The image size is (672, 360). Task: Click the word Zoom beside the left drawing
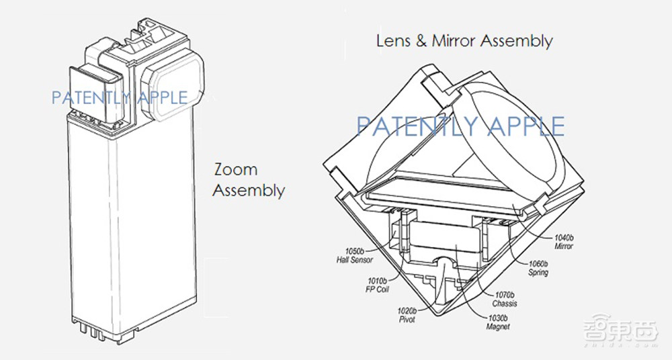(x=236, y=169)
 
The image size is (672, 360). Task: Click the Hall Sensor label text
(x=354, y=260)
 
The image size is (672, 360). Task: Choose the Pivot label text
(x=407, y=319)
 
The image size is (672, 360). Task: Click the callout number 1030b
(x=497, y=318)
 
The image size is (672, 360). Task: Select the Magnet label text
(x=498, y=326)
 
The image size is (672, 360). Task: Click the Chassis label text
(x=505, y=304)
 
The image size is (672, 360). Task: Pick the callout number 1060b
(x=538, y=264)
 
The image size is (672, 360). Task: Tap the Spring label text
(x=538, y=273)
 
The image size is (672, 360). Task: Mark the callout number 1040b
(x=564, y=238)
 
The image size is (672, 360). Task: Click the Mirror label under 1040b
(x=564, y=246)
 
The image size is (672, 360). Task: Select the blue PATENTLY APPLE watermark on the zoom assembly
(x=120, y=98)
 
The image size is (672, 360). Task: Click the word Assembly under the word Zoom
(x=249, y=190)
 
